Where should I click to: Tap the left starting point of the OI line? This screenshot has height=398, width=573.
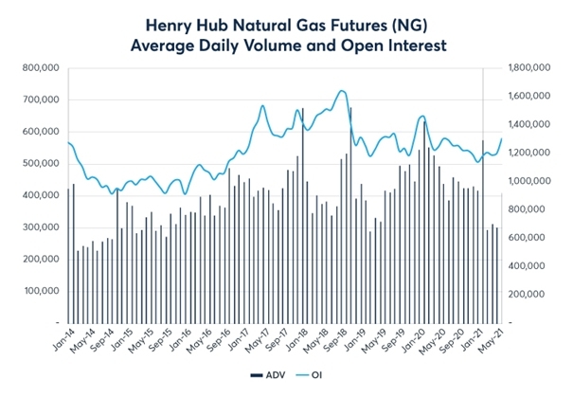(x=68, y=142)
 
